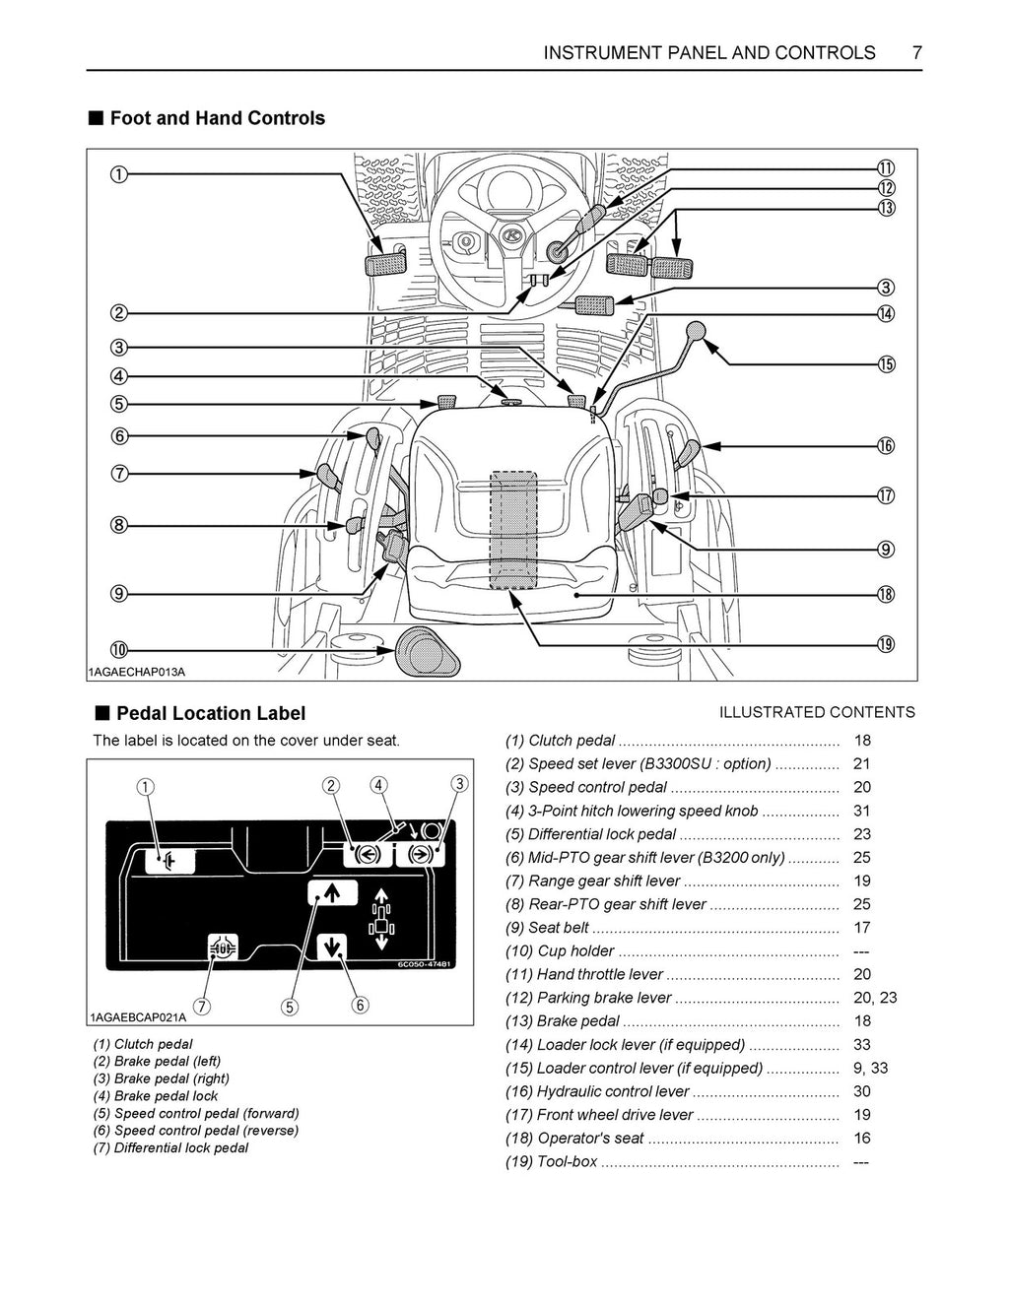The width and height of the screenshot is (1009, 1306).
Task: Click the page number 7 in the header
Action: (916, 53)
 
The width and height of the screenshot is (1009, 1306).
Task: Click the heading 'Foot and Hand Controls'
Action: (217, 118)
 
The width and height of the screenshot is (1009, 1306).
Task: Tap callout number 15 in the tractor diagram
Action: (886, 364)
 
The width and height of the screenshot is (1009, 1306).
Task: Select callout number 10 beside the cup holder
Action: (118, 650)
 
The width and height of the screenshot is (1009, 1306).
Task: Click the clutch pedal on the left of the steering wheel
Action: (384, 264)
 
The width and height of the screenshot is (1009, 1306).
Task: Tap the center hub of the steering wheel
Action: (511, 236)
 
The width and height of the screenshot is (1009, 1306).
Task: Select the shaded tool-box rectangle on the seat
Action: (513, 529)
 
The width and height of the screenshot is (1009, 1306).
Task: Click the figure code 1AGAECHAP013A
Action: (138, 672)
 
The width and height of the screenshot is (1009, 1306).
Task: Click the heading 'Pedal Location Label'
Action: (210, 713)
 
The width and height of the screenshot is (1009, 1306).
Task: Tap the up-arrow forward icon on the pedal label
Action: (331, 892)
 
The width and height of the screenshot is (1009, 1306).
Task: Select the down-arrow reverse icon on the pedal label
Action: (331, 947)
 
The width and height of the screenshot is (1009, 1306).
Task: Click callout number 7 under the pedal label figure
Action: (201, 1007)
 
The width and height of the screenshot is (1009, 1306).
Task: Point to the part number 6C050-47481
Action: (424, 964)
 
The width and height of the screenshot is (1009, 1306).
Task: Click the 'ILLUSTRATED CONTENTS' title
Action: (817, 712)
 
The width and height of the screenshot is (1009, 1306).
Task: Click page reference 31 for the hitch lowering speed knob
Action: (862, 811)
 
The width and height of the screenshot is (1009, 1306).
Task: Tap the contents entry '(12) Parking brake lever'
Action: (588, 998)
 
